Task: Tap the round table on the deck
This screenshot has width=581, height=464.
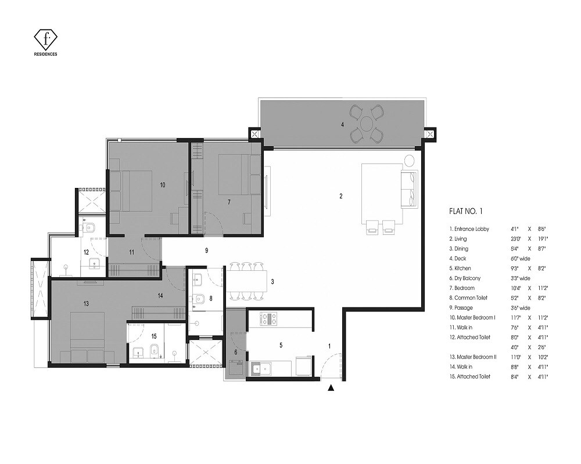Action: tap(367, 124)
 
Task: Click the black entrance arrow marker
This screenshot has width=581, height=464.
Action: tap(332, 388)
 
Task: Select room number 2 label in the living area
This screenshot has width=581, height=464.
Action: tap(341, 196)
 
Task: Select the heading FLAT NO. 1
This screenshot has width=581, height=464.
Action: tap(466, 212)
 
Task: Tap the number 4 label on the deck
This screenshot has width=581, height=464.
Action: tap(343, 124)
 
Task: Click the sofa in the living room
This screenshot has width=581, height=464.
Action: tap(408, 188)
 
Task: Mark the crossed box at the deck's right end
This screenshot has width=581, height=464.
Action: tap(430, 135)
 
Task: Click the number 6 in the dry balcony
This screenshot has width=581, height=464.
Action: tap(236, 352)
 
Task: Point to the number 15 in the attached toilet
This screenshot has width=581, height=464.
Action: tap(153, 336)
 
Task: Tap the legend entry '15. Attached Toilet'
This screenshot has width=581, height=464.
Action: tap(469, 376)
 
